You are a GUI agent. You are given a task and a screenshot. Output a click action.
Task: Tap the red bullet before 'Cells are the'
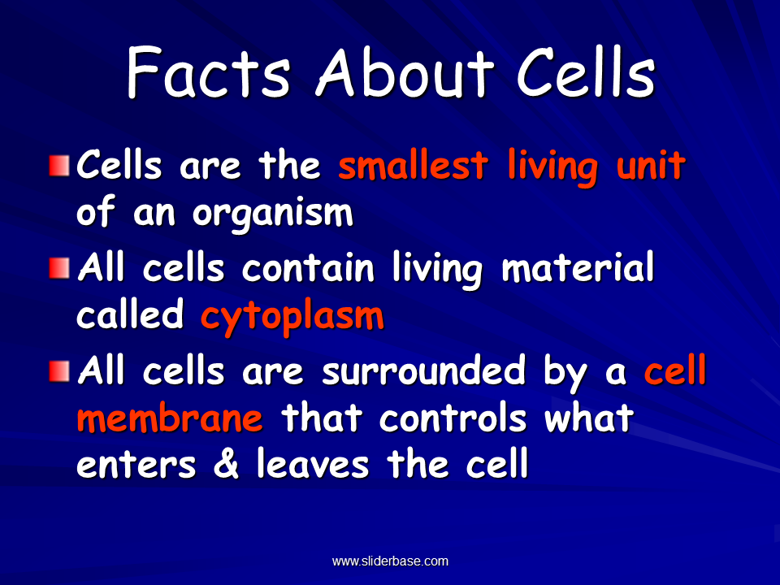point(59,167)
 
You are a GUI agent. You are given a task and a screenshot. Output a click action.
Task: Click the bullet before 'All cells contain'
point(59,269)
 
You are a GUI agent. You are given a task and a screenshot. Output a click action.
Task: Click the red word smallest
point(413,166)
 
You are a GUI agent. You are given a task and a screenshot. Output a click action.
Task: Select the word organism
point(272,214)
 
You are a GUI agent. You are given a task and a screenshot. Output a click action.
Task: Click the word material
point(578,270)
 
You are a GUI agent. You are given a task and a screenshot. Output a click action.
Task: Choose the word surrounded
point(434,372)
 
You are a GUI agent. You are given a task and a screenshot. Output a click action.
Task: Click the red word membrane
point(170,419)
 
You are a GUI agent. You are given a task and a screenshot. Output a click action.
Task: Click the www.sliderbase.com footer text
point(390,561)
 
